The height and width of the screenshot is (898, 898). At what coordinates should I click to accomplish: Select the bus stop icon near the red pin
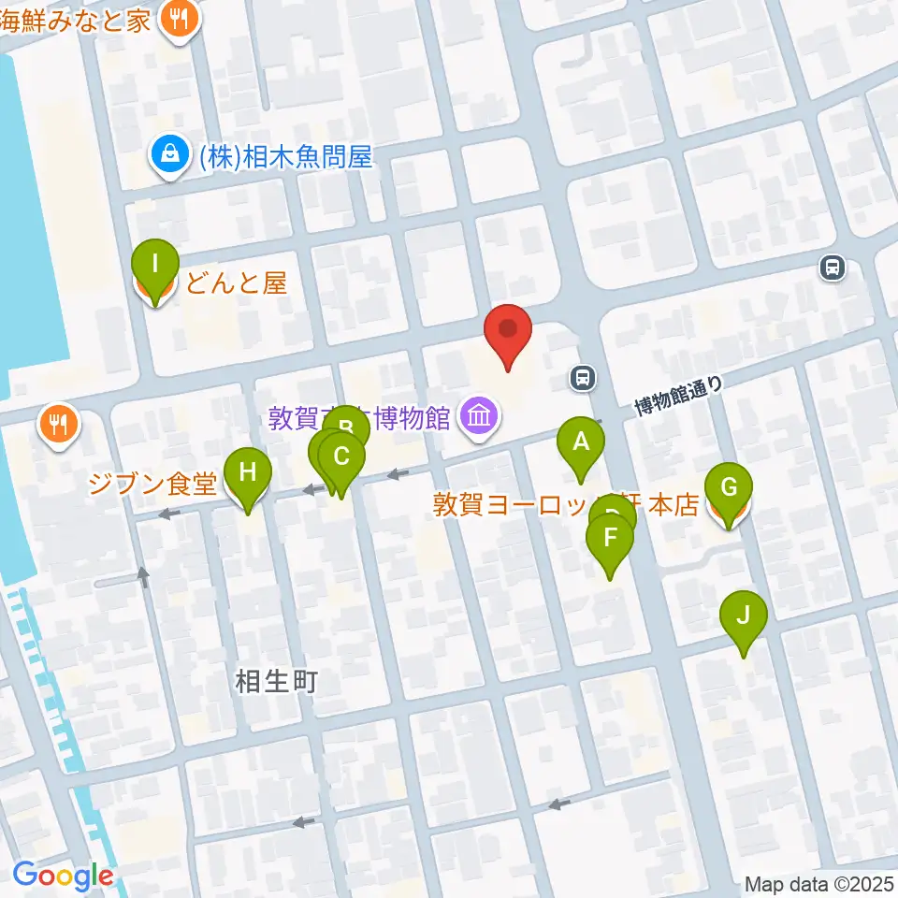583,378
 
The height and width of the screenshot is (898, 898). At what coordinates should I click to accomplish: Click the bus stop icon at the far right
831,268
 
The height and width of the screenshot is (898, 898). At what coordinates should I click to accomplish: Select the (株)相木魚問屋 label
285,157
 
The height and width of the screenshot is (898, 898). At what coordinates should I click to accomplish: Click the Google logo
63,876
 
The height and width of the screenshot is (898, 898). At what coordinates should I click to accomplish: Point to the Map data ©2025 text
818,884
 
